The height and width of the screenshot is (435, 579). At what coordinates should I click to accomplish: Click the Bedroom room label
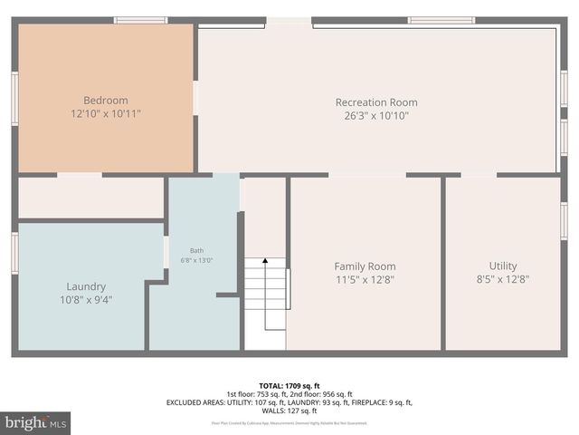(106, 101)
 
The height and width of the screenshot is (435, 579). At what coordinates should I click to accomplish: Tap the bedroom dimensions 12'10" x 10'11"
(106, 114)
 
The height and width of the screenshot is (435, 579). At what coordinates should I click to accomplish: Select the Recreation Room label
(376, 102)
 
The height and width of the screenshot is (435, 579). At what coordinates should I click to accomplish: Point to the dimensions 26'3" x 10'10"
(376, 116)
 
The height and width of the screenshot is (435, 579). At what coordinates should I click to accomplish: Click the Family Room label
(365, 266)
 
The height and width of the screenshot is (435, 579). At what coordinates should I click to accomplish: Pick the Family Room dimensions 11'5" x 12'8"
(365, 280)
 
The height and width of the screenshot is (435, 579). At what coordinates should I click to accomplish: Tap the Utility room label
(503, 266)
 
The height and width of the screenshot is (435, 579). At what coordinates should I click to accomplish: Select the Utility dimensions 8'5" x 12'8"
(503, 280)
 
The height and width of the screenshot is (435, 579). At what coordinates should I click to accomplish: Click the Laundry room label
(86, 286)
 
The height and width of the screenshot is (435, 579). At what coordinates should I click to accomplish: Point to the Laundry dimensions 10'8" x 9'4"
(86, 300)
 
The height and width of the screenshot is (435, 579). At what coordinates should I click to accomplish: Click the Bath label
(196, 251)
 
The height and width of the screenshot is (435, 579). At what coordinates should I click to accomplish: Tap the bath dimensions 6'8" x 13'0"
(196, 261)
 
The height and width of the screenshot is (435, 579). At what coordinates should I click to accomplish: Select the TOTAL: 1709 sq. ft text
(289, 384)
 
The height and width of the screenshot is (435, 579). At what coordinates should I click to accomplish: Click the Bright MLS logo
(36, 422)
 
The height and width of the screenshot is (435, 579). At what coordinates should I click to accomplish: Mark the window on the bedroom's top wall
(140, 20)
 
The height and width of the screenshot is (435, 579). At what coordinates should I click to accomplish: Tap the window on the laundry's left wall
(14, 252)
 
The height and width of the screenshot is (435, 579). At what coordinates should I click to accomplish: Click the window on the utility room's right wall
(565, 221)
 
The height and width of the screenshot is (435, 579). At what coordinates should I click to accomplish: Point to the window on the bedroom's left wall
(14, 99)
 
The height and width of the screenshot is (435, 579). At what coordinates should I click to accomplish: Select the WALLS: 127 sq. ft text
(289, 411)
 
